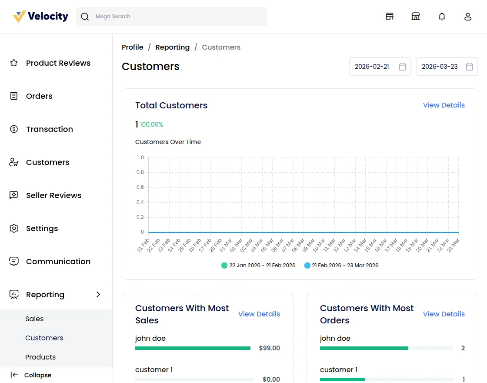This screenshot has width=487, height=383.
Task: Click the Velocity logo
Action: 40,17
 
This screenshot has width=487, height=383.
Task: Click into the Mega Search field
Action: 174,17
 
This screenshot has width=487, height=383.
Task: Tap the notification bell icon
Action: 442,17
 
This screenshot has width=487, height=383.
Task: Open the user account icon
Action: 468,17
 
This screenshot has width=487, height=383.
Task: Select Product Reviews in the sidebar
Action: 58,63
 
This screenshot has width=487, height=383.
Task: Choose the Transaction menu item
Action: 49,129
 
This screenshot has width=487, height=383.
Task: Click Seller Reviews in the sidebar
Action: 53,195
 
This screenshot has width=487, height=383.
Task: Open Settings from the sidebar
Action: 42,228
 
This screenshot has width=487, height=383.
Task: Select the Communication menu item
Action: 58,262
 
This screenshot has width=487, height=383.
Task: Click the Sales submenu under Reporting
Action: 34,319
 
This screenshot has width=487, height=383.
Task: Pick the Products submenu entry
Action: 40,357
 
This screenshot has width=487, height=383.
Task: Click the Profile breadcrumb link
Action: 132,47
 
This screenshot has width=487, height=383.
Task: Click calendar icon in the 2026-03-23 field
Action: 470,67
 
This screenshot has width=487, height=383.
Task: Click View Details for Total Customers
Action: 444,105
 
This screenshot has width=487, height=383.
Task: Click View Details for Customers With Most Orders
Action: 444,314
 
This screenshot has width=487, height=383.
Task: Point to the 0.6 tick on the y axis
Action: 140,187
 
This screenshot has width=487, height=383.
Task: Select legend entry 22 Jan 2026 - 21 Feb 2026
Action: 258,265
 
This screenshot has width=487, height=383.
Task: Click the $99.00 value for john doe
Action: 269,348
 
